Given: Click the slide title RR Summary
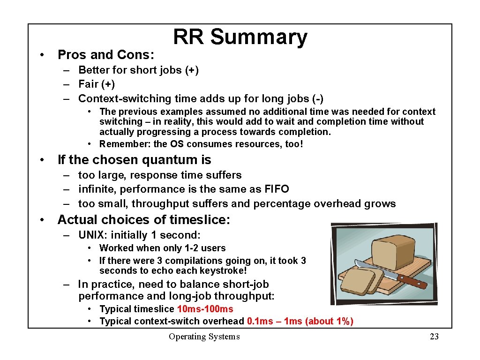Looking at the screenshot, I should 240,37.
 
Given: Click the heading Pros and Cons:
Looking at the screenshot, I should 105,55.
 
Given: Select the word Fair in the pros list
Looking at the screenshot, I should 88,84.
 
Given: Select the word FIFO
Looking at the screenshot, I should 276,189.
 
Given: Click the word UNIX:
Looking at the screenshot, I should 92,235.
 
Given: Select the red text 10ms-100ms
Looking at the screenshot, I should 205,309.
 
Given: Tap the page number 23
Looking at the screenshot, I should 434,337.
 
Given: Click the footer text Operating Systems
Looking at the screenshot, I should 204,337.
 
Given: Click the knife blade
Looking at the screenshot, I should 373,270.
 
